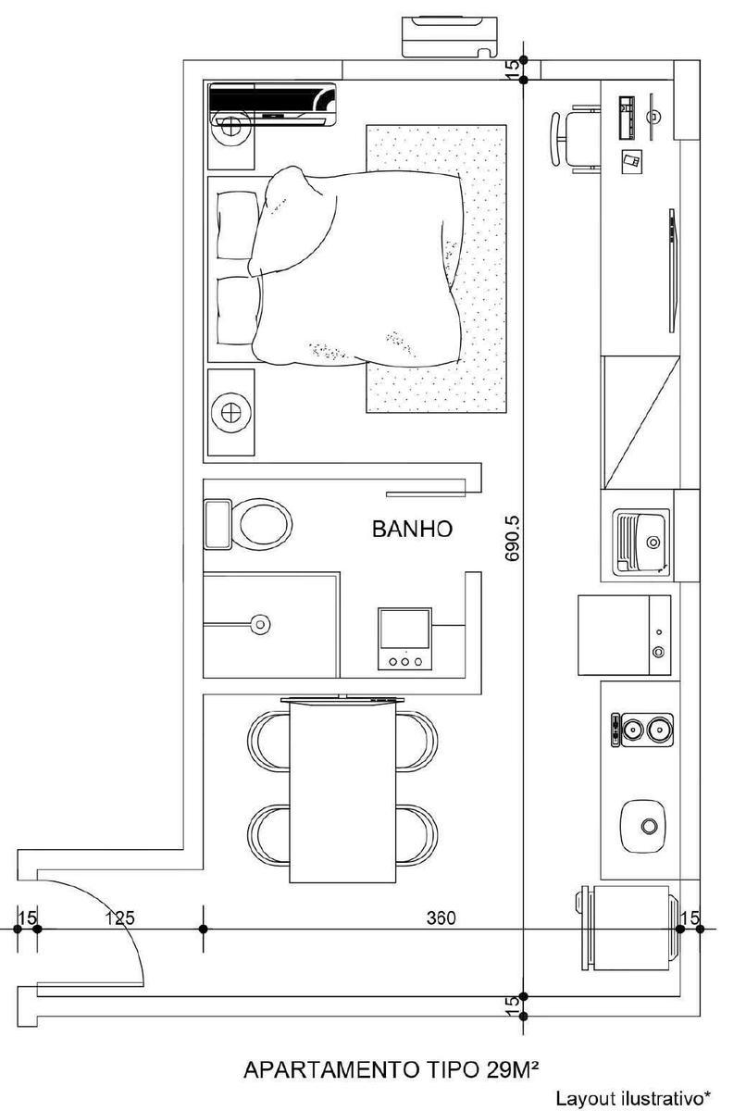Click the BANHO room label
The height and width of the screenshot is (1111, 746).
tap(412, 530)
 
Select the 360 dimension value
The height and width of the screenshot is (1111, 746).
tap(441, 918)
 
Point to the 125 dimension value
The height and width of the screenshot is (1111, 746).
tap(120, 918)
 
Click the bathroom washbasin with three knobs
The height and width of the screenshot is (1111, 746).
tap(404, 639)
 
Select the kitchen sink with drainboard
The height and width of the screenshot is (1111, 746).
tap(642, 543)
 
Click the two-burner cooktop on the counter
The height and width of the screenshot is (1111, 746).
tap(642, 730)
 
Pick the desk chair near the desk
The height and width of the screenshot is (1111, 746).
tap(575, 139)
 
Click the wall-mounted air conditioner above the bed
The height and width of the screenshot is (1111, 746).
tap(272, 105)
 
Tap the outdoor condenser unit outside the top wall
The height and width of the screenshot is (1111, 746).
tap(449, 37)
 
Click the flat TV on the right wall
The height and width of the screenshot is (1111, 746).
tap(672, 270)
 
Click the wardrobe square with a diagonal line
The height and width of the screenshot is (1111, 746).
tap(640, 422)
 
